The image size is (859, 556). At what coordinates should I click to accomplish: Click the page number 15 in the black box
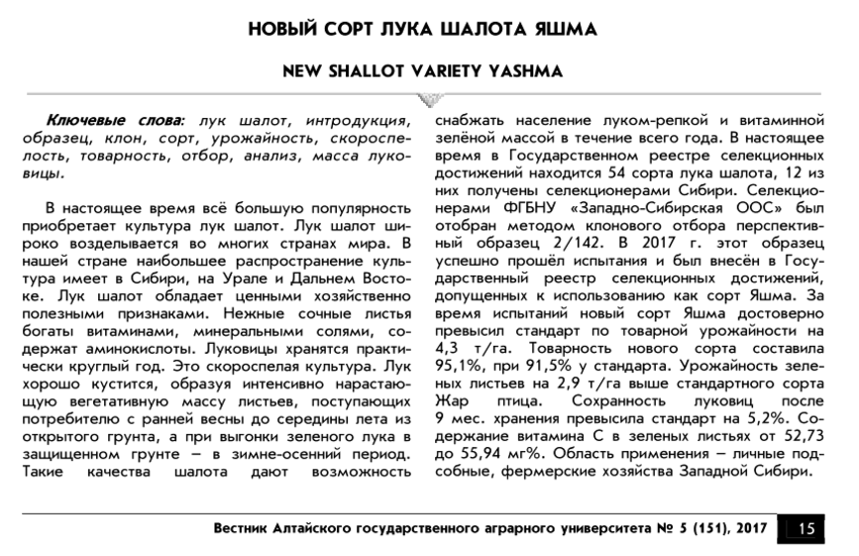[805, 528]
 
